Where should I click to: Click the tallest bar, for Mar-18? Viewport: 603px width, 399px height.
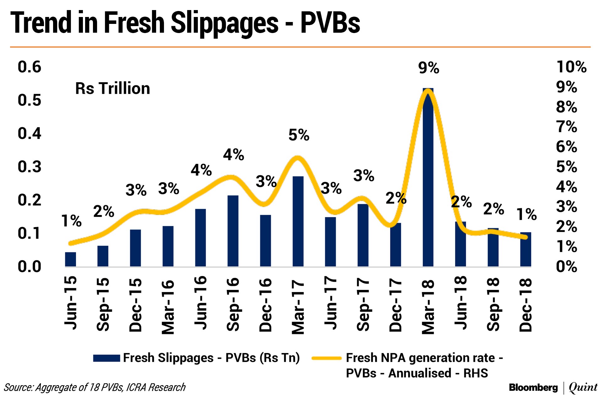coord(428,189)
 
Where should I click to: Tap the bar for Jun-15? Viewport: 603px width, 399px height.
coord(70,259)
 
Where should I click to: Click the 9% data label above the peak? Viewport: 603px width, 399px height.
coord(428,68)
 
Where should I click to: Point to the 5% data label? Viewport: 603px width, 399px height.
coord(299,135)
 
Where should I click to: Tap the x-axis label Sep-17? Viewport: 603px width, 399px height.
coord(363,304)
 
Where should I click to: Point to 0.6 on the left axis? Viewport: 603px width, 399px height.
coord(29,67)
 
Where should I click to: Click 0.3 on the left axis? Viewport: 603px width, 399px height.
coord(29,167)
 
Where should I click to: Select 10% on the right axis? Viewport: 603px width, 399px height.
coord(571,67)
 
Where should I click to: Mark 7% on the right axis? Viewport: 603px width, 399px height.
coord(566,127)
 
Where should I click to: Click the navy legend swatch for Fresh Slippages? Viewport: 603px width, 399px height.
coord(106,358)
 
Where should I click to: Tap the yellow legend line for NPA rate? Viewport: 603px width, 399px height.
coord(326,358)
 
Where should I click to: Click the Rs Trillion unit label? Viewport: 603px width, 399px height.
coord(112,88)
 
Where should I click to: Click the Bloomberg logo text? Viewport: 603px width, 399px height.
coord(533,387)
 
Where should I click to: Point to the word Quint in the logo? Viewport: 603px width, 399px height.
coord(583,387)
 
